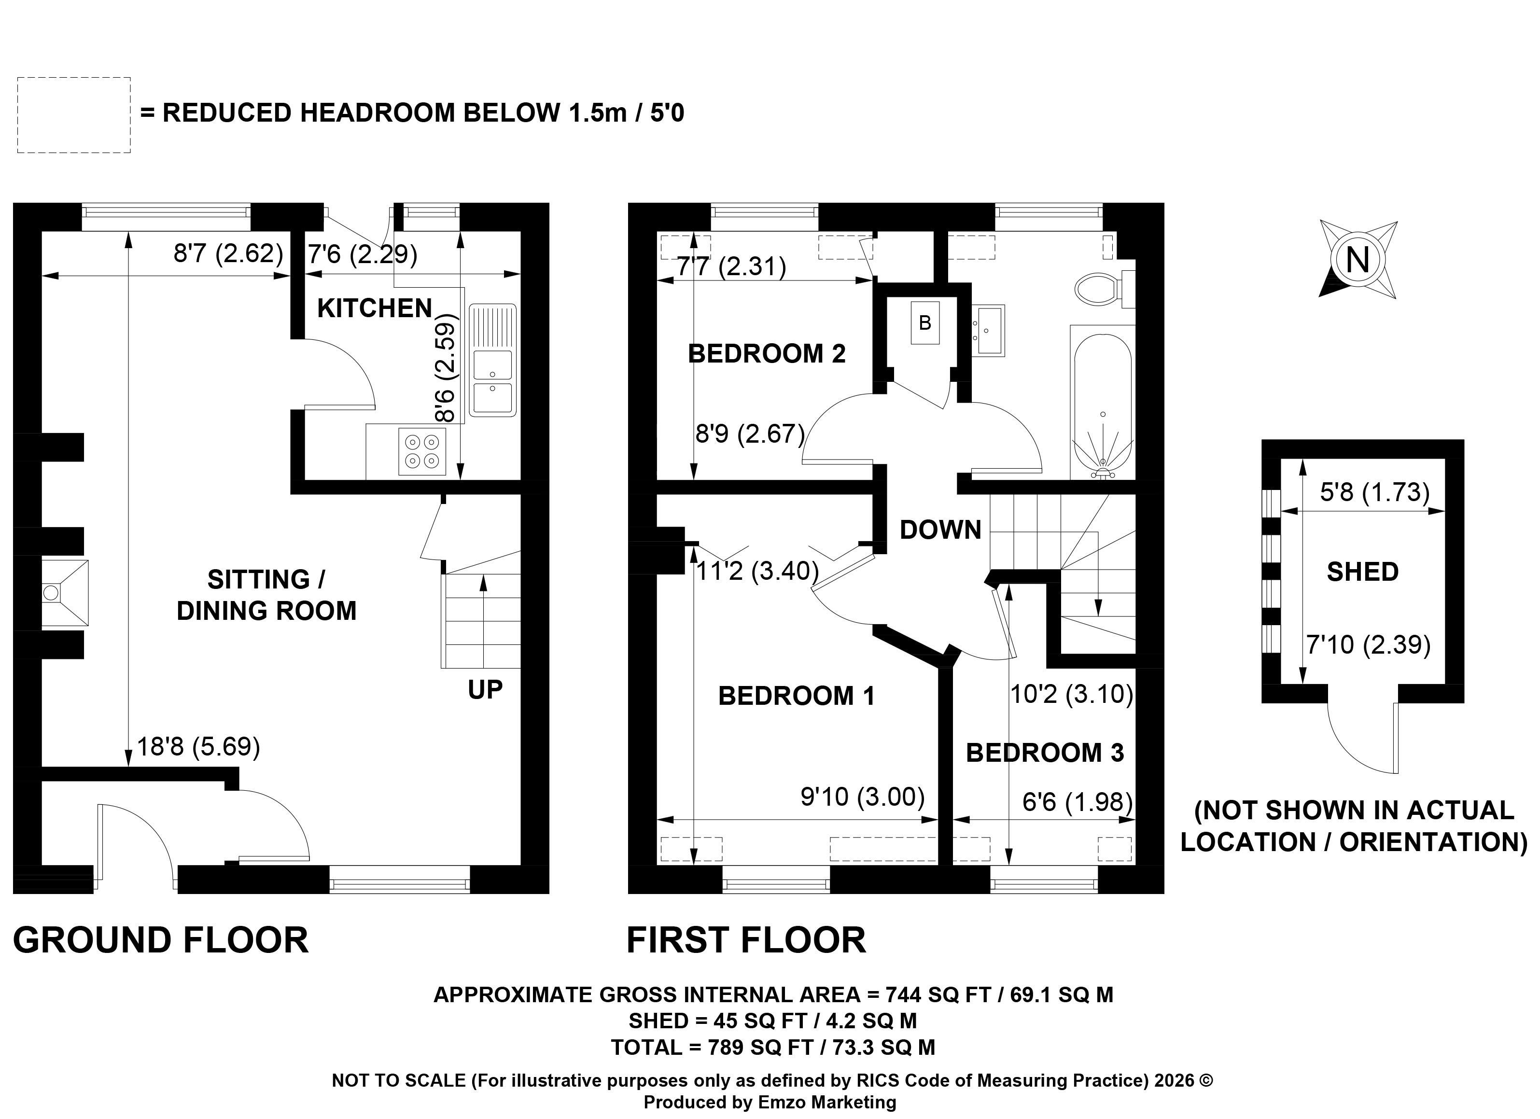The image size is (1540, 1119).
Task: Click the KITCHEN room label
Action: pyautogui.click(x=374, y=309)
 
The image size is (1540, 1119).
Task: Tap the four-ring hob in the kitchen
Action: pyautogui.click(x=421, y=451)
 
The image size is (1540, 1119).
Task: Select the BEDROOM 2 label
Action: pyautogui.click(x=767, y=354)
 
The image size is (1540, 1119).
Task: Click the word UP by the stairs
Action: pyautogui.click(x=485, y=690)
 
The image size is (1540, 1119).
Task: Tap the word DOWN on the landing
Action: pyautogui.click(x=940, y=530)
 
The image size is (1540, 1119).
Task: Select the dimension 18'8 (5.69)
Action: pyautogui.click(x=198, y=747)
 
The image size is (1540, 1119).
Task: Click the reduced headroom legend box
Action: pyautogui.click(x=74, y=115)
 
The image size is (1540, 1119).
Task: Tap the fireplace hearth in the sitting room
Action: pyautogui.click(x=65, y=593)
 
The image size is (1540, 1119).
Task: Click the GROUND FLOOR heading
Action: pyautogui.click(x=161, y=940)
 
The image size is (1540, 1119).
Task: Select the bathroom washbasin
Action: pyautogui.click(x=989, y=330)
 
